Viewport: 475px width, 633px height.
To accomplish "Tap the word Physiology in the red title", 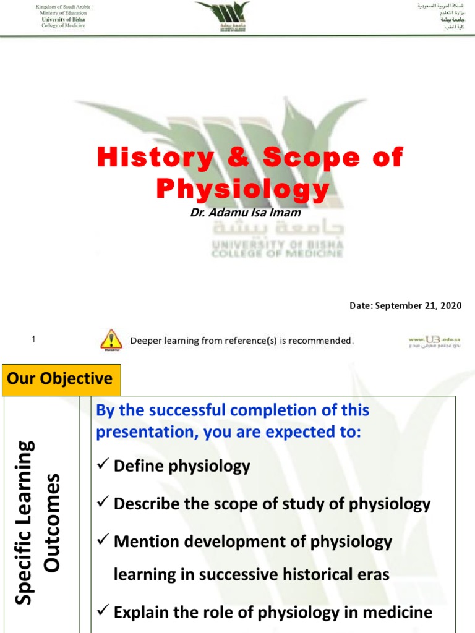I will (x=242, y=189).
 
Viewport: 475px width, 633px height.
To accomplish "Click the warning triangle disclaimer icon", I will (x=111, y=339).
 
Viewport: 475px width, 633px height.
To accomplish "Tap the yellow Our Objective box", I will (x=61, y=378).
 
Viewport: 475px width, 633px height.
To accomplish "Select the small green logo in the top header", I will (x=222, y=17).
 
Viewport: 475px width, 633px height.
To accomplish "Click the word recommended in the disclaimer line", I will (x=315, y=341).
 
